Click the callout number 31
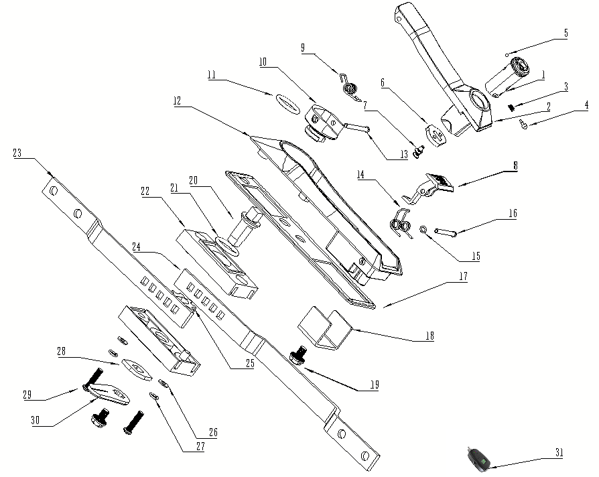(x=559, y=453)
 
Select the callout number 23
(x=17, y=153)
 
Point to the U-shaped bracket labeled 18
(x=324, y=329)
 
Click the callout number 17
(x=464, y=276)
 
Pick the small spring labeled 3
(x=511, y=107)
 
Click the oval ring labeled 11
(x=287, y=103)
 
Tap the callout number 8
(x=516, y=165)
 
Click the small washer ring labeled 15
(x=423, y=230)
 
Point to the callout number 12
(x=177, y=100)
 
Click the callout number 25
(x=250, y=363)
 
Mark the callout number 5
(x=566, y=33)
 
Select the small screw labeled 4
(x=524, y=124)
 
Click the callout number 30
(x=35, y=421)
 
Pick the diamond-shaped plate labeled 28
(x=137, y=369)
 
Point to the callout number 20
(x=193, y=180)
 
